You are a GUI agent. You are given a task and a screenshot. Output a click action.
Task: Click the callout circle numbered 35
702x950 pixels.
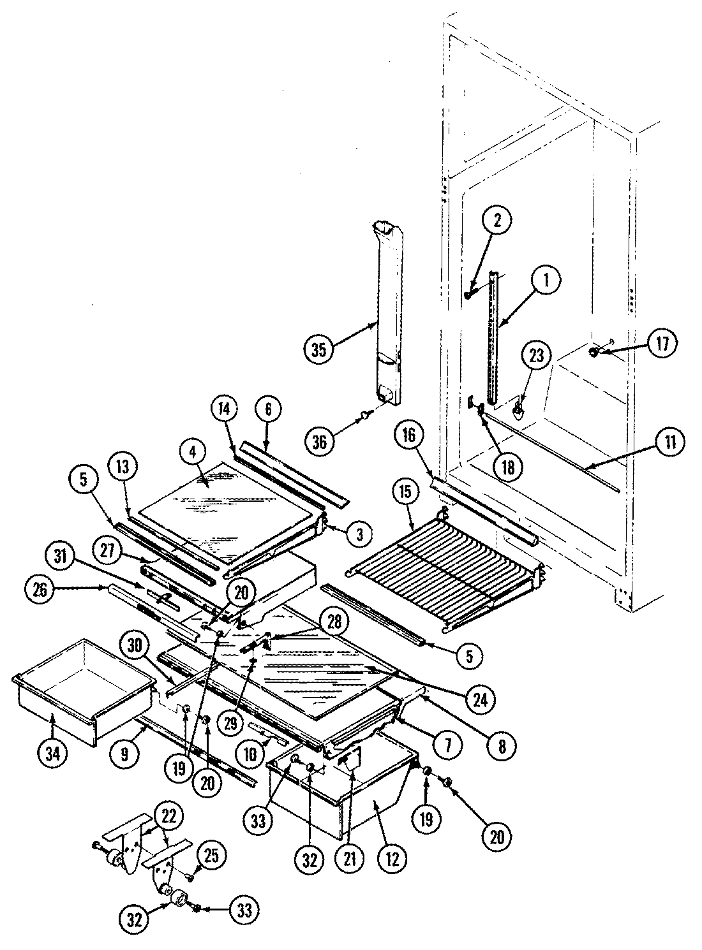pos(318,349)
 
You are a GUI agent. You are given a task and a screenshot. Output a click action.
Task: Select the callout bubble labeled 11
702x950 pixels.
pos(669,442)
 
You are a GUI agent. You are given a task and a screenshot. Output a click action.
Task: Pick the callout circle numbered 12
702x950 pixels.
pos(391,859)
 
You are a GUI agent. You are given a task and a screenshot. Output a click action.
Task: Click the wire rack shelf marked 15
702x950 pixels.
pos(440,555)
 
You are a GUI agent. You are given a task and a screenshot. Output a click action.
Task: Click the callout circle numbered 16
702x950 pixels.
pos(408,436)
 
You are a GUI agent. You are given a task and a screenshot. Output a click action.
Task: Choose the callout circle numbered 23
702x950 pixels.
pos(536,355)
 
